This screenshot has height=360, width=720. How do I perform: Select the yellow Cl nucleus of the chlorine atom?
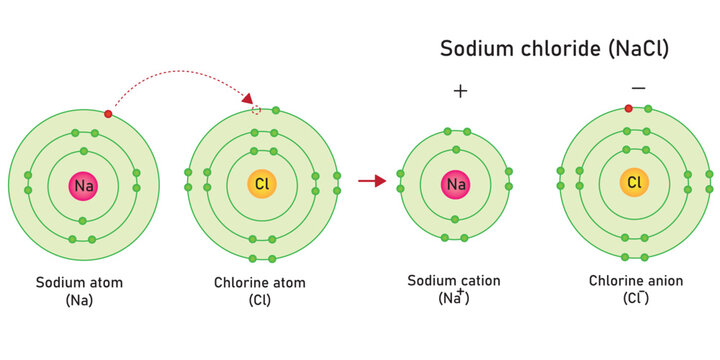tap(262, 185)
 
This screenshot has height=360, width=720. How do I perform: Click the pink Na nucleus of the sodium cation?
tap(456, 184)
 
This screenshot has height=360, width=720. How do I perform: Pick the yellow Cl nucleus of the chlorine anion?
tap(634, 182)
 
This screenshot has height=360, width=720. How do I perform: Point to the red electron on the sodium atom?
tap(107, 114)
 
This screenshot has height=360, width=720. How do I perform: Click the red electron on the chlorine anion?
tap(629, 108)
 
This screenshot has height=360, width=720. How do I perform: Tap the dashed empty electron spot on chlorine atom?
tap(257, 110)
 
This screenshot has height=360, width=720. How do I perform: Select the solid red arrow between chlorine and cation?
tap(372, 181)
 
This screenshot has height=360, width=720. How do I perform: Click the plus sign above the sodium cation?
tap(460, 91)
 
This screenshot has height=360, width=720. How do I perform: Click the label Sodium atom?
tap(79, 282)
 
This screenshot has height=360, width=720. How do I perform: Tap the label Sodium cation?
tap(454, 280)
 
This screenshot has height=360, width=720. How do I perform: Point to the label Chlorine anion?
tap(637, 281)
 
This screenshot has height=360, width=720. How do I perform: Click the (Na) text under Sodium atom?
tap(79, 299)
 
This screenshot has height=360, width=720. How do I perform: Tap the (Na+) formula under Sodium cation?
tap(455, 297)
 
